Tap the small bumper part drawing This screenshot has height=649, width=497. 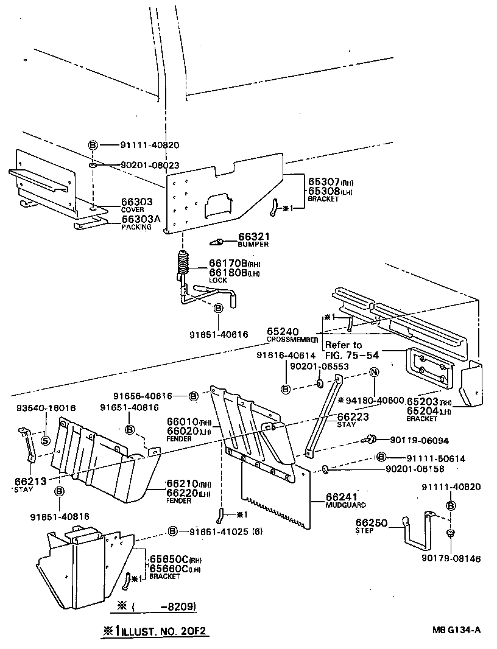[x=216, y=242]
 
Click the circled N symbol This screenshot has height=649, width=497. [x=374, y=373]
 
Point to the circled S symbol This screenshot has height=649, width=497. [x=45, y=441]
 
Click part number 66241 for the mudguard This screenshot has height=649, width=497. [x=340, y=497]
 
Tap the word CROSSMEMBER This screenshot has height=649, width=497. [x=292, y=339]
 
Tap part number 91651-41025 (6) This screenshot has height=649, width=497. [x=217, y=531]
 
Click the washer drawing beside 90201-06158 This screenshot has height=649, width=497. [x=325, y=469]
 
